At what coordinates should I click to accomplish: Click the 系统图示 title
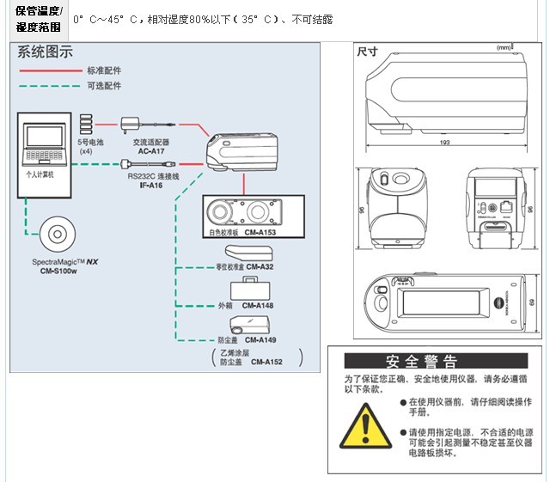[x=46, y=52]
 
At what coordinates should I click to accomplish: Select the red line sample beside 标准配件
[x=49, y=70]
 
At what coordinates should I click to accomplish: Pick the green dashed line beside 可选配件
[x=49, y=86]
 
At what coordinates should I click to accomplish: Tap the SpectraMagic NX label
[x=59, y=262]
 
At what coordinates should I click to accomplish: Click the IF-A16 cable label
[x=153, y=185]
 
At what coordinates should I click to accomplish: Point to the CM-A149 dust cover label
[x=258, y=340]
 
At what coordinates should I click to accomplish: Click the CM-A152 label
[x=266, y=363]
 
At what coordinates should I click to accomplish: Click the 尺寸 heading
[x=368, y=51]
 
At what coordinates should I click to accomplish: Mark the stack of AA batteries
[x=88, y=122]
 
